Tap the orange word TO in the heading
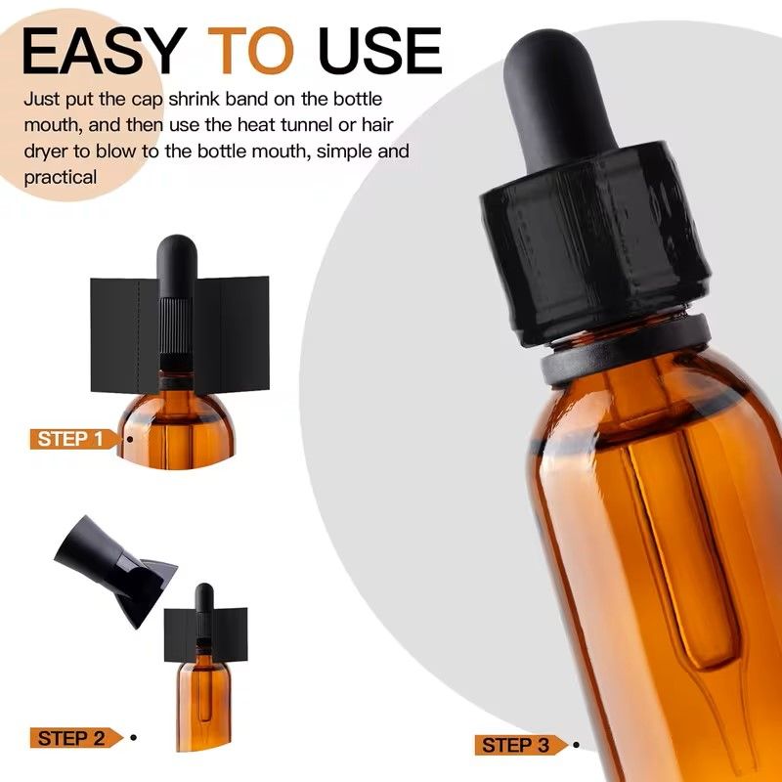point(251,51)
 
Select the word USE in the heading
point(380,51)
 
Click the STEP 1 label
point(70,439)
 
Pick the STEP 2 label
point(71,738)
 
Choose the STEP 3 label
point(516,745)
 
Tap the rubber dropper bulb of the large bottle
point(557,97)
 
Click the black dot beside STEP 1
point(130,439)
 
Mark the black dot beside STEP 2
point(133,738)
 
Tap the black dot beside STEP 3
point(576,745)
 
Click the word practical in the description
point(61,178)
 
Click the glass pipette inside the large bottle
point(683,574)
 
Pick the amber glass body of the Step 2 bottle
point(203,703)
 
